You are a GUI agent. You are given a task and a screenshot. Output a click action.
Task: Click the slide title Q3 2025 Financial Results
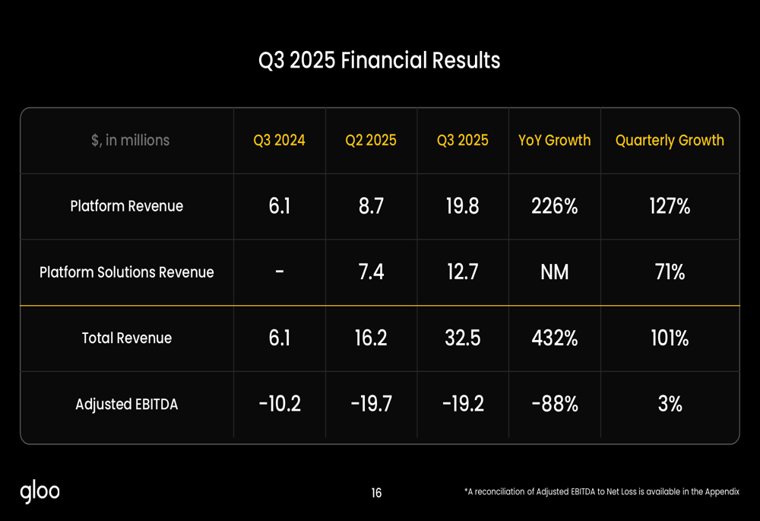(x=379, y=60)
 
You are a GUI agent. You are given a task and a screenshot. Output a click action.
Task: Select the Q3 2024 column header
(x=279, y=141)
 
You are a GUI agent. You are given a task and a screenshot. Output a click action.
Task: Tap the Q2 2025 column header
(x=371, y=141)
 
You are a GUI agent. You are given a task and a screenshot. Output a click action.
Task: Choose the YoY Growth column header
(x=554, y=141)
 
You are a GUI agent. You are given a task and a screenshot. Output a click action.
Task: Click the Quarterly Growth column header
(x=670, y=141)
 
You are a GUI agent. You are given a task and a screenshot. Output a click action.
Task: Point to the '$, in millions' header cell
(x=126, y=141)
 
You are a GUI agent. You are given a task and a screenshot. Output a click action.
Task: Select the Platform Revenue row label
(x=126, y=206)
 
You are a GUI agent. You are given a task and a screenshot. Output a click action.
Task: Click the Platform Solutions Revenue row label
(x=126, y=272)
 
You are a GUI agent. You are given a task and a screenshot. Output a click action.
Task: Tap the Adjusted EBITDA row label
(x=126, y=405)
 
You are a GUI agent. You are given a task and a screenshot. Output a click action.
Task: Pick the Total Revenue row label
(x=126, y=338)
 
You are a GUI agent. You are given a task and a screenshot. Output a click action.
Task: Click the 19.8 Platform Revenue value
(x=462, y=206)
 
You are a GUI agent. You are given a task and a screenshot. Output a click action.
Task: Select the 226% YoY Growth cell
(x=554, y=206)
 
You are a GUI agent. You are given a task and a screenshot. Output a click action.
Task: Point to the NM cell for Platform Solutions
(x=554, y=272)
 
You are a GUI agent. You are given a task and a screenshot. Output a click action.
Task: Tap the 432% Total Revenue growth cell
(x=554, y=338)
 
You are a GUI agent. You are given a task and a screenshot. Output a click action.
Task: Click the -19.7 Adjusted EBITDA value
(x=371, y=405)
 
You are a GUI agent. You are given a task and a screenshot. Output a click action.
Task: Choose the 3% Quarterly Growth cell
(x=670, y=405)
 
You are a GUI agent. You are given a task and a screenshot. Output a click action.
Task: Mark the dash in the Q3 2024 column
(x=279, y=272)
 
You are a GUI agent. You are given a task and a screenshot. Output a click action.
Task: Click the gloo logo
(x=40, y=492)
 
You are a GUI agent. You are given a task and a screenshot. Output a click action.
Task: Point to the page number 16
(x=376, y=493)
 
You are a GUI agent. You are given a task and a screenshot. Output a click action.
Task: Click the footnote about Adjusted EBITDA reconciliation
(x=601, y=492)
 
